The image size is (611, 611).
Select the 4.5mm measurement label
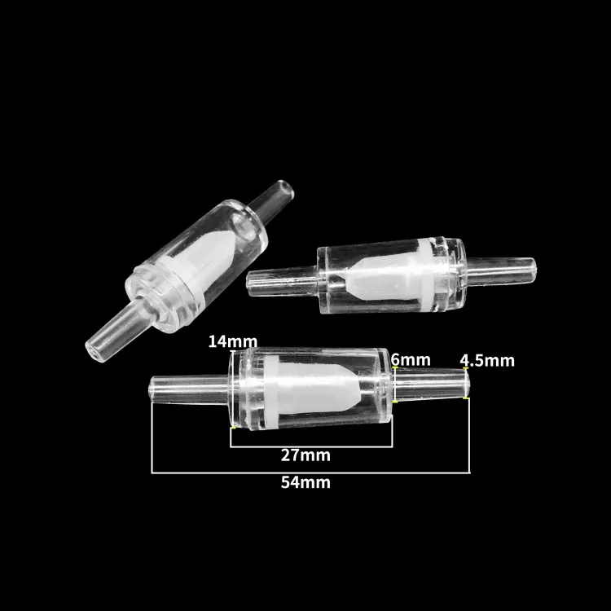pos(487,360)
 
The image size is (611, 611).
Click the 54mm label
pos(305,482)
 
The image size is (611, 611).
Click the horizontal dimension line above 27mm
pos(310,447)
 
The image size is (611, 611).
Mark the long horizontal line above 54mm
pos(310,473)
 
